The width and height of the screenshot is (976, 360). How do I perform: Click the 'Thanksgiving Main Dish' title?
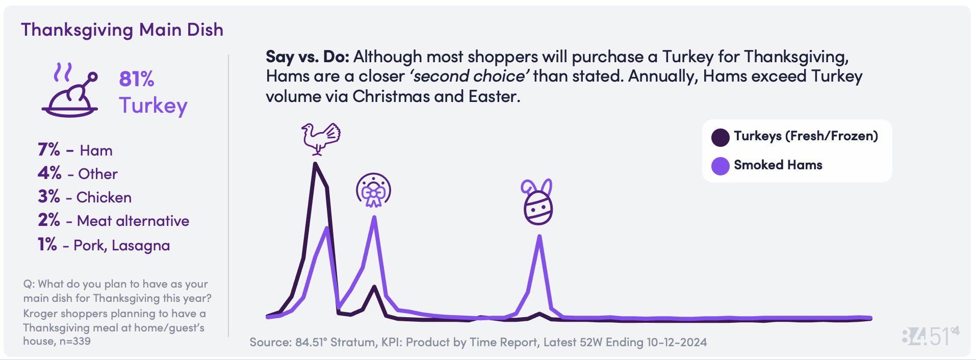[x=122, y=30]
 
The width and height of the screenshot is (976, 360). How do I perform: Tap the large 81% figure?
[x=137, y=79]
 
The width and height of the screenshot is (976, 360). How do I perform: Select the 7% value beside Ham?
[x=49, y=149]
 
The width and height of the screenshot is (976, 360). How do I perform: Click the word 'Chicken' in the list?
[x=104, y=197]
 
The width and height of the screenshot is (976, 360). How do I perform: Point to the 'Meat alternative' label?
[x=133, y=221]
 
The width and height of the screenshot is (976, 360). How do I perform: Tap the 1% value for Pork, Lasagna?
[x=47, y=244]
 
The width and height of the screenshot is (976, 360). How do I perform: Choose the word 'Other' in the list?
[x=98, y=174]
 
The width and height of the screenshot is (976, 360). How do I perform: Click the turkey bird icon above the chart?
[x=321, y=138]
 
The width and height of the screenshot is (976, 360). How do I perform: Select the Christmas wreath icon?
[x=373, y=190]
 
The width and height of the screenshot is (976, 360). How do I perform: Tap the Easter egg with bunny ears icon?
[x=537, y=202]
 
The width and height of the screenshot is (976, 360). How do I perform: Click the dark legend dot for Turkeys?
[x=721, y=137]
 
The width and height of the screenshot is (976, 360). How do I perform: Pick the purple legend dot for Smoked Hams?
[x=721, y=166]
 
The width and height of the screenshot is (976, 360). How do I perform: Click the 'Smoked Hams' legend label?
[x=778, y=165]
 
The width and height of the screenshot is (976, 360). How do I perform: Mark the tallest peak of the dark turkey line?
[x=315, y=164]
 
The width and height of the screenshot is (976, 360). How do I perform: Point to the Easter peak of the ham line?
[x=540, y=236]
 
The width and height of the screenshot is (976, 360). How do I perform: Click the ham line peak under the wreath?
[x=374, y=217]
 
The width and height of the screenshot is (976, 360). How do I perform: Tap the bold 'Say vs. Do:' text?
[x=307, y=57]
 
